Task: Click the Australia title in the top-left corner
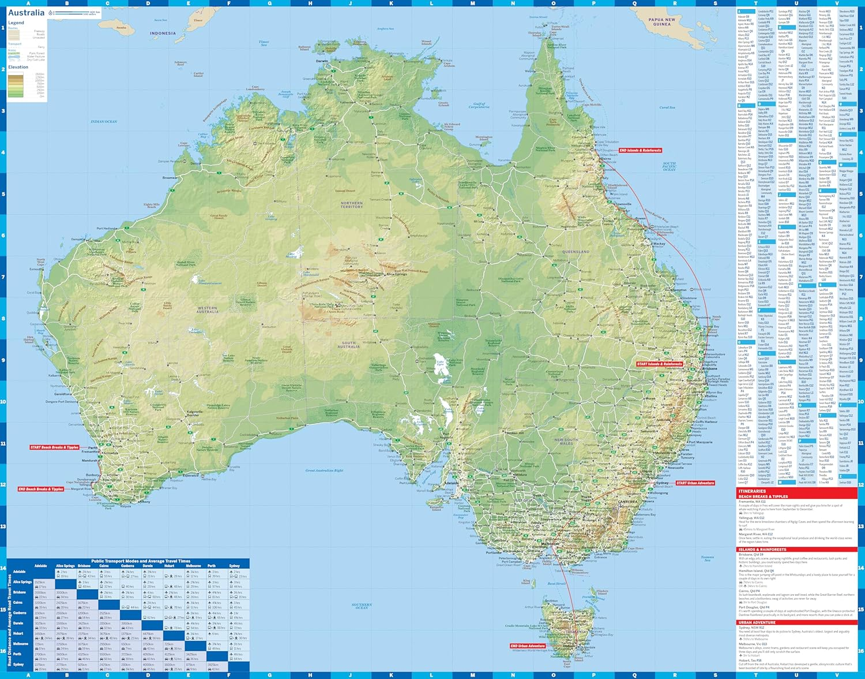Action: tap(26, 13)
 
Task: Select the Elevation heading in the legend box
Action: tap(18, 67)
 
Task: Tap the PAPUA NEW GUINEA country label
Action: tap(661, 22)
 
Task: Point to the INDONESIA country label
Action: tap(163, 33)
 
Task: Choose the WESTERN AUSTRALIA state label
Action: tap(208, 309)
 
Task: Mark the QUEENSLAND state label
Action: tap(576, 252)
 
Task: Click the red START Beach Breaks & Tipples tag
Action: tap(55, 447)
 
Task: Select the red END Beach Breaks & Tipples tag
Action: tap(41, 489)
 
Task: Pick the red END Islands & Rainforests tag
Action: tap(640, 150)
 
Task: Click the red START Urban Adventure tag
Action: tap(695, 483)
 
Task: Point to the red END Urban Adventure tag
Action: tap(527, 646)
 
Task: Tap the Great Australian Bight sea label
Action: tap(324, 471)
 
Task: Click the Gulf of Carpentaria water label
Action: tap(479, 105)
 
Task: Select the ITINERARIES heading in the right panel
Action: tap(752, 491)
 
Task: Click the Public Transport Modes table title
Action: tap(141, 561)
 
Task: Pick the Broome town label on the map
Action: tap(170, 178)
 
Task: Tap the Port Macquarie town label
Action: tap(700, 442)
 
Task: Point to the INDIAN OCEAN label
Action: tap(104, 122)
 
